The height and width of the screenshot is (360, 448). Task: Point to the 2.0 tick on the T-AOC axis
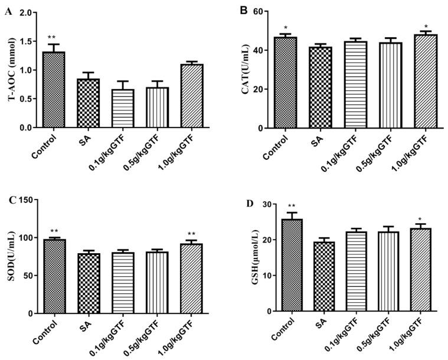(x=27, y=13)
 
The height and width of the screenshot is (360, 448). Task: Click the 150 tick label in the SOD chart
(x=24, y=201)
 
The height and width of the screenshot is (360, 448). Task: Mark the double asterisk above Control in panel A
(x=53, y=37)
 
